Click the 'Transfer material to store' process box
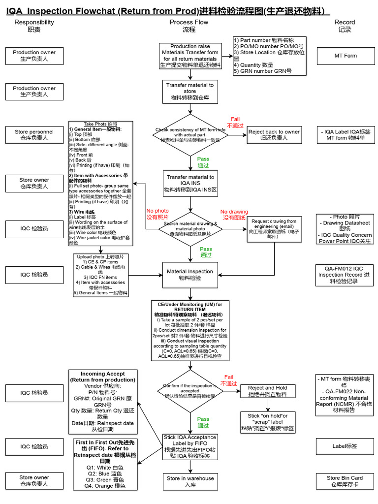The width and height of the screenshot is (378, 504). pyautogui.click(x=190, y=92)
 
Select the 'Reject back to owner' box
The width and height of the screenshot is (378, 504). pyautogui.click(x=274, y=135)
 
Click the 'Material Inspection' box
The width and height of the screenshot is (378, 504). pyautogui.click(x=190, y=275)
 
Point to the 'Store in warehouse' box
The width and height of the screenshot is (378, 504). pyautogui.click(x=190, y=481)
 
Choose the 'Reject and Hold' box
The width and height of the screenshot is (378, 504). pyautogui.click(x=268, y=391)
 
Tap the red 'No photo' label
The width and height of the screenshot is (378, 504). pyautogui.click(x=157, y=214)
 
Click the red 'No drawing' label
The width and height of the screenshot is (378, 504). pyautogui.click(x=234, y=215)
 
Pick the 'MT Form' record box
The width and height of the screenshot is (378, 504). pyautogui.click(x=345, y=56)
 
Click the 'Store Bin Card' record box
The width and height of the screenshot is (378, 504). pyautogui.click(x=345, y=481)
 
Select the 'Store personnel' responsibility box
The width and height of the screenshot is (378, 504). pyautogui.click(x=34, y=135)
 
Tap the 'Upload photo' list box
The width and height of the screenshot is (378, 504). pyautogui.click(x=100, y=275)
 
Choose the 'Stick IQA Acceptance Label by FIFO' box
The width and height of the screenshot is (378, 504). pyautogui.click(x=190, y=446)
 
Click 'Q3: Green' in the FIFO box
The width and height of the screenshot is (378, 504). pyautogui.click(x=104, y=479)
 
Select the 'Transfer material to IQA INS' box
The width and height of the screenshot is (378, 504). pyautogui.click(x=190, y=183)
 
